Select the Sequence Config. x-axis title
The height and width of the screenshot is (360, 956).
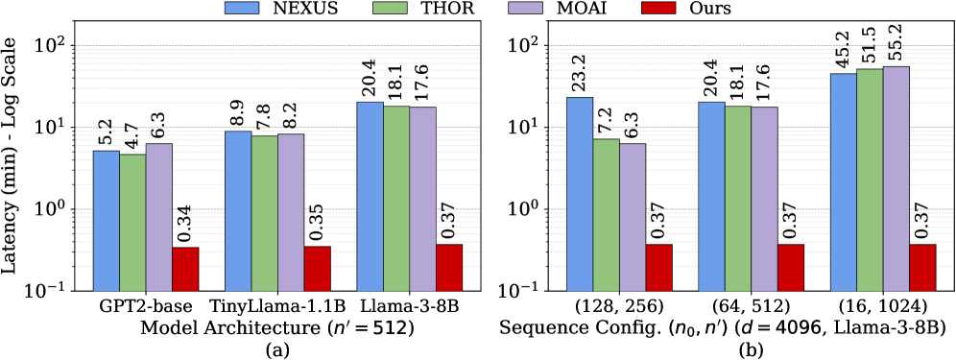coord(723,328)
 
